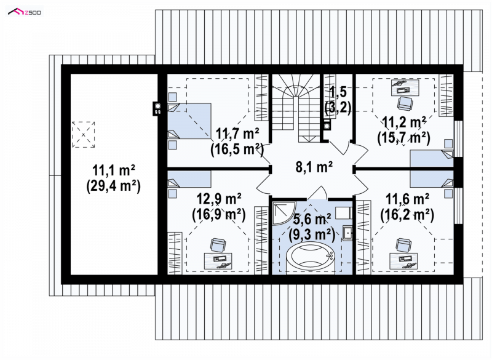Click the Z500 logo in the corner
pyautogui.click(x=25, y=12)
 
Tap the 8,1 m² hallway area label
pyautogui.click(x=314, y=167)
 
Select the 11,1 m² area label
pyautogui.click(x=114, y=170)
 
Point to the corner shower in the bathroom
pyautogui.click(x=283, y=213)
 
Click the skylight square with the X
pyautogui.click(x=83, y=135)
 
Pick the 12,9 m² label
pyautogui.click(x=219, y=199)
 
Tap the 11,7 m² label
pyautogui.click(x=237, y=134)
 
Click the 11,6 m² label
pyautogui.click(x=407, y=199)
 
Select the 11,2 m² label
pyautogui.click(x=404, y=122)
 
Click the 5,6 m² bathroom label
pyautogui.click(x=312, y=218)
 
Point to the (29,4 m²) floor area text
pyautogui.click(x=113, y=186)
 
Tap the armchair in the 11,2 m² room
pyautogui.click(x=405, y=103)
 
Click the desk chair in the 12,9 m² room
pyautogui.click(x=218, y=245)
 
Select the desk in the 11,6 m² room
pyautogui.click(x=404, y=260)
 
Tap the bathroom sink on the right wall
pyautogui.click(x=347, y=233)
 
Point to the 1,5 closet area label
pyautogui.click(x=338, y=92)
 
